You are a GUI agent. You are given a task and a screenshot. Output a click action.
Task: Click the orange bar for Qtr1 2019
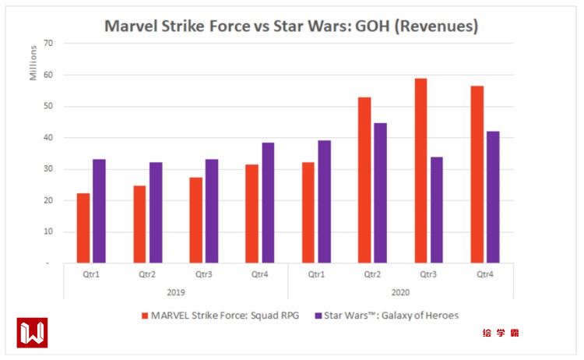point(83,228)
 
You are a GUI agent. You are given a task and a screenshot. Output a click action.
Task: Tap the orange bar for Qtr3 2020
point(420,171)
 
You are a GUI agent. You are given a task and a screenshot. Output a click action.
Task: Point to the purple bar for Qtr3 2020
point(436,210)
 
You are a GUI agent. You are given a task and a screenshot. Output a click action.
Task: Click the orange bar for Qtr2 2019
point(139,224)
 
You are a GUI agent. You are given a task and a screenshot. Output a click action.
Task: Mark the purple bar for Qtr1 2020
point(324,202)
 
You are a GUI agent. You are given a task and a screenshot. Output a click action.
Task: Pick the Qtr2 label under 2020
point(372,274)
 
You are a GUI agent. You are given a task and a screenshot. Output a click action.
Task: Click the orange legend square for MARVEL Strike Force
point(146,316)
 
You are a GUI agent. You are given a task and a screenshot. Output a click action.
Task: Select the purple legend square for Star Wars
point(318,316)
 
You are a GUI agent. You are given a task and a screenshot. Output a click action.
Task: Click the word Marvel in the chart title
point(131,26)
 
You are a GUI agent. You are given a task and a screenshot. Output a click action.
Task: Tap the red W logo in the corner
point(32,333)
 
